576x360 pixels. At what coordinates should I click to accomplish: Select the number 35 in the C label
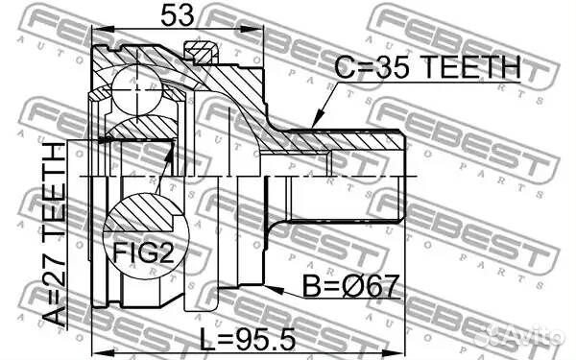pos(394,67)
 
